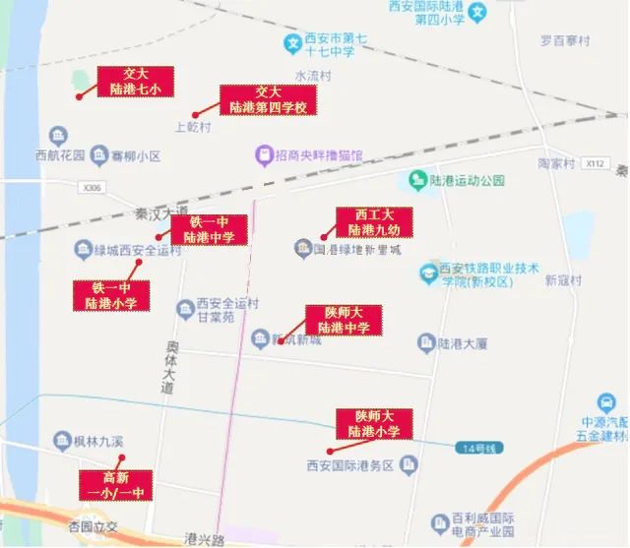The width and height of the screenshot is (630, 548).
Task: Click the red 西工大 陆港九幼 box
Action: point(374,222)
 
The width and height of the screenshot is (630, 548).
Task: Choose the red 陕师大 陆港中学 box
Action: point(343,320)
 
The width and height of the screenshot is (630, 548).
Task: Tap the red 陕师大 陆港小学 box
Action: point(373,424)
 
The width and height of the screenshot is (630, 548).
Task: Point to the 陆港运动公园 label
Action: point(467,181)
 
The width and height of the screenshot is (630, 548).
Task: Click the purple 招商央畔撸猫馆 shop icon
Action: point(263,154)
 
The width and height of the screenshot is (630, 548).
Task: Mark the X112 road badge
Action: point(592,162)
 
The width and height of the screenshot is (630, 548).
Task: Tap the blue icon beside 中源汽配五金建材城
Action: point(607,401)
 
